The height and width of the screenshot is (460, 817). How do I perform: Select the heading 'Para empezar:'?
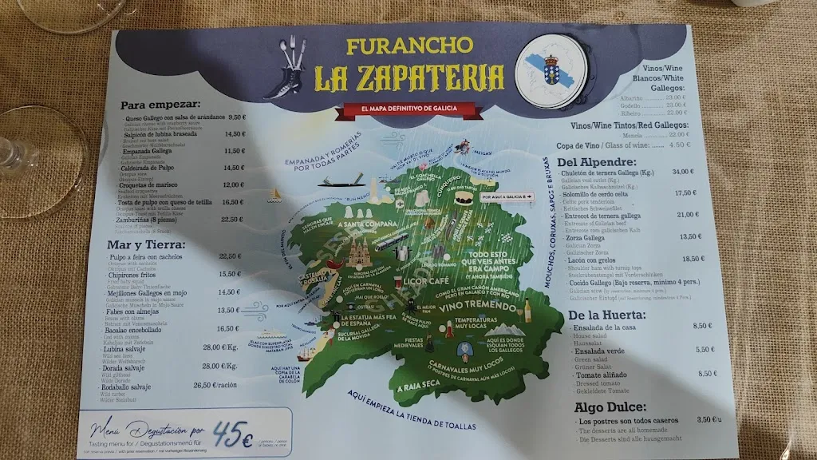[160, 105]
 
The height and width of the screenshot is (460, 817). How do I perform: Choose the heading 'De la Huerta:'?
[607, 314]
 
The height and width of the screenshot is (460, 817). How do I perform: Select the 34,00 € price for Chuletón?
[683, 172]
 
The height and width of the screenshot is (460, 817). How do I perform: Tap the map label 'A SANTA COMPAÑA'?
[367, 224]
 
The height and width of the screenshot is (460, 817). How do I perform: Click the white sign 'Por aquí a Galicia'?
[506, 196]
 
